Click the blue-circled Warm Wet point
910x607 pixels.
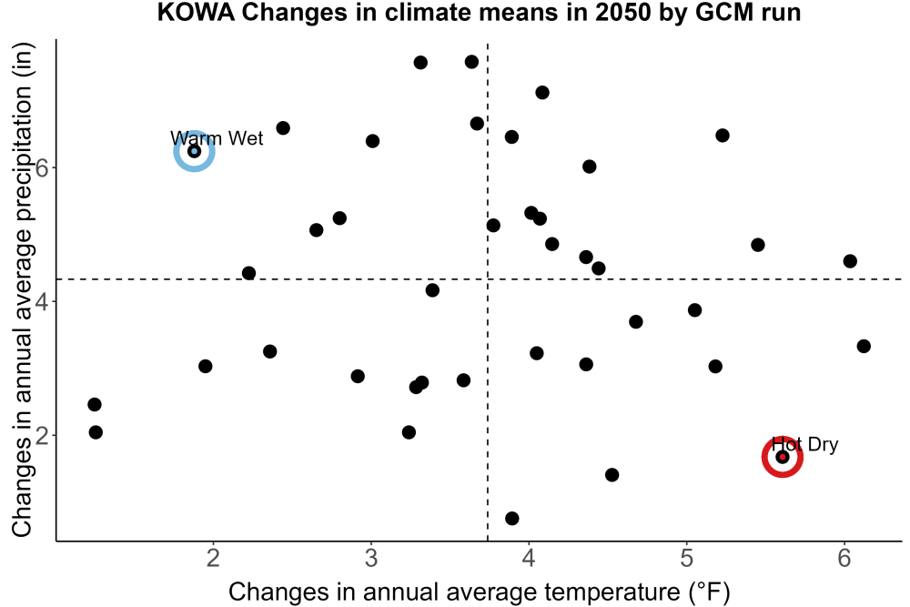[195, 151]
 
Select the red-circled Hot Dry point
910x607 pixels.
[783, 457]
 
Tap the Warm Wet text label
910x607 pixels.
[217, 138]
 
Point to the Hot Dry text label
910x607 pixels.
[805, 444]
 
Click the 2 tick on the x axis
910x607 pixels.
[214, 558]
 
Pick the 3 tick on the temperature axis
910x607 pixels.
[371, 558]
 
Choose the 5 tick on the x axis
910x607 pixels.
[686, 558]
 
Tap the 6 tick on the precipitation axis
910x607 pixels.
[42, 167]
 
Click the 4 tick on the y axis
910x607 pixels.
[42, 301]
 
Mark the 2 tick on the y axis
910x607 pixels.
[42, 435]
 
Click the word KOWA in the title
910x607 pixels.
[196, 12]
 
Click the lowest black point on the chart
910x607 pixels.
[511, 518]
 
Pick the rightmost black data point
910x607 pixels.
[864, 347]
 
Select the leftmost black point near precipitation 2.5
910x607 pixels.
[95, 404]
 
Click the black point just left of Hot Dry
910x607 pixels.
[612, 475]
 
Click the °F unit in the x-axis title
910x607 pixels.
[710, 592]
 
